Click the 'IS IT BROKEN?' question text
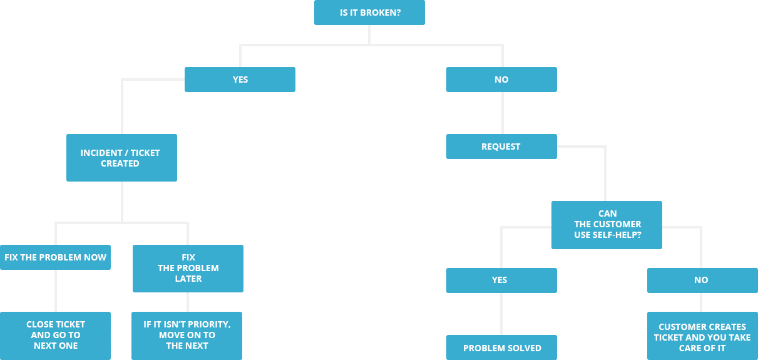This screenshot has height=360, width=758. [369, 13]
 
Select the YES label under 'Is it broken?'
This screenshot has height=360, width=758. [240, 80]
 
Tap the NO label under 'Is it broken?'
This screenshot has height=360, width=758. [501, 80]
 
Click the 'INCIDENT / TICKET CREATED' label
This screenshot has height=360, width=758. [120, 158]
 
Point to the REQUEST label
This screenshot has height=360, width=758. [501, 147]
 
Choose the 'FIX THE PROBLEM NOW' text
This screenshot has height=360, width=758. [56, 257]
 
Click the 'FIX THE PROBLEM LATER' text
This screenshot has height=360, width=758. [188, 268]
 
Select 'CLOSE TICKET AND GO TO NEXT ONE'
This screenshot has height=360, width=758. [56, 335]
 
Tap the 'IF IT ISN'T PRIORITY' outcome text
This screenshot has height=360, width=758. [187, 335]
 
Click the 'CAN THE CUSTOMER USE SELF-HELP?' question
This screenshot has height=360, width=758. [608, 224]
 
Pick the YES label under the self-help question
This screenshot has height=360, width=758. [499, 280]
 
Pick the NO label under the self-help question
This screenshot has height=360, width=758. [701, 280]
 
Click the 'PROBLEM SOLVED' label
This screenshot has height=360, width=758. [502, 348]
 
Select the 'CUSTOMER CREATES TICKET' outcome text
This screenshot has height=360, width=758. [702, 337]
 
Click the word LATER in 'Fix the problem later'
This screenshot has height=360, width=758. [188, 279]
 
